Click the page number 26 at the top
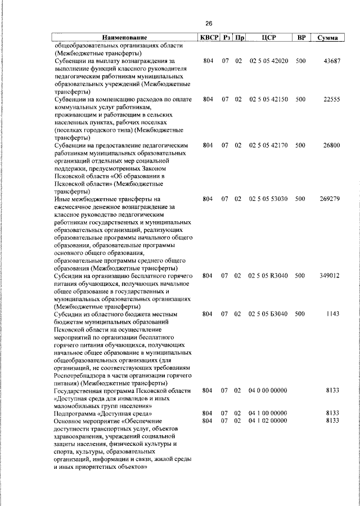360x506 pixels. pyautogui.click(x=209, y=24)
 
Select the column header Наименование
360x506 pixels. pyautogui.click(x=124, y=38)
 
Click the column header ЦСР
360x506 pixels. pyautogui.click(x=268, y=38)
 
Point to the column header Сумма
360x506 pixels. pyautogui.click(x=327, y=38)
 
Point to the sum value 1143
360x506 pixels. pyautogui.click(x=332, y=314)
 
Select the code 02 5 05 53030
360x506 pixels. pyautogui.click(x=268, y=199)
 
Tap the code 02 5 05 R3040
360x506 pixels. pyautogui.click(x=268, y=276)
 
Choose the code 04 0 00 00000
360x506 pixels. pyautogui.click(x=268, y=389)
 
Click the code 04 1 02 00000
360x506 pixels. pyautogui.click(x=268, y=420)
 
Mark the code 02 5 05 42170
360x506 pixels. pyautogui.click(x=268, y=145)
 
